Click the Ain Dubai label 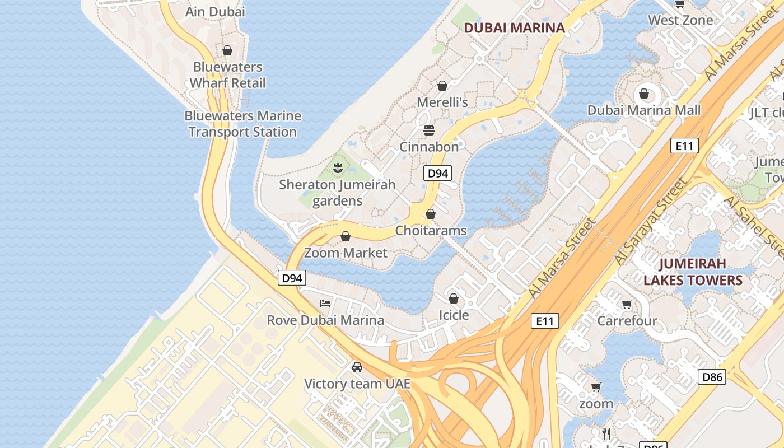click(215, 12)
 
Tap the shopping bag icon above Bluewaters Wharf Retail click(227, 50)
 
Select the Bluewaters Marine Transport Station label click(242, 124)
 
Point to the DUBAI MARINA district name click(514, 27)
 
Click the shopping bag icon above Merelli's click(442, 86)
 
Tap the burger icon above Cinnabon click(429, 130)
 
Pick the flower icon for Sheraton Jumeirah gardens click(338, 167)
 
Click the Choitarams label click(431, 231)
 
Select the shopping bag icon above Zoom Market click(346, 236)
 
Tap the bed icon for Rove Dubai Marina click(325, 304)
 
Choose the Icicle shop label click(454, 315)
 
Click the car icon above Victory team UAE click(357, 367)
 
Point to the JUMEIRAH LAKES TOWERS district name click(693, 272)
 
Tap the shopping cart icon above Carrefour click(627, 305)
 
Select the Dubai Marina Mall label click(643, 110)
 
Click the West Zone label click(680, 20)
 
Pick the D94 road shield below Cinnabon click(437, 174)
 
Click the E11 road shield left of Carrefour click(545, 321)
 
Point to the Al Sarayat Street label click(651, 221)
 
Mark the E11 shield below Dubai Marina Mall click(684, 146)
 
